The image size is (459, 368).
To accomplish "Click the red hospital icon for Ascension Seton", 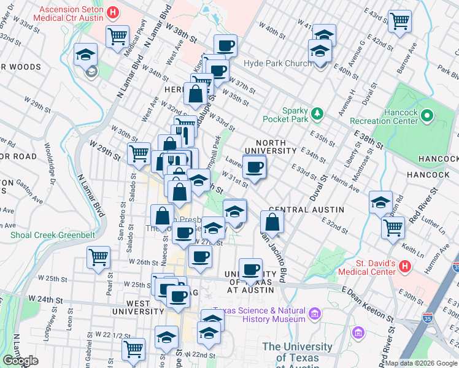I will click(112, 12).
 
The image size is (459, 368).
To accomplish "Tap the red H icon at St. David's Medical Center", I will click(404, 266).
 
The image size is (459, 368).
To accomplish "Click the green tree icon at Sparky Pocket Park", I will click(317, 113).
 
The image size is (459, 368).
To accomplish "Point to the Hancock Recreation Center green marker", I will click(427, 114).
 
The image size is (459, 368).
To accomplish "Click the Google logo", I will click(20, 361).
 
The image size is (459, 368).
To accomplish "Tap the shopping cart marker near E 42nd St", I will click(400, 21).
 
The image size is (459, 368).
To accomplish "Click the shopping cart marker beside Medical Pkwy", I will click(117, 36).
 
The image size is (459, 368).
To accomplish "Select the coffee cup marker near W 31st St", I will click(254, 167).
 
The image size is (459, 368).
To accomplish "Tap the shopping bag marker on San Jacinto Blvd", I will click(272, 222).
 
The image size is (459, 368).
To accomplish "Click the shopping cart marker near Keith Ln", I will click(393, 227).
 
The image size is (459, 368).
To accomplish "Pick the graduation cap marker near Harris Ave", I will click(380, 202).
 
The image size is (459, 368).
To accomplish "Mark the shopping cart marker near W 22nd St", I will click(133, 349).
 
